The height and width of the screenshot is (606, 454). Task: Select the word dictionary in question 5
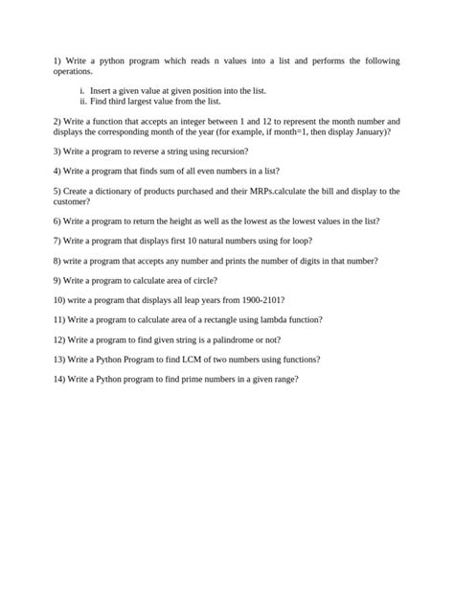coord(117,191)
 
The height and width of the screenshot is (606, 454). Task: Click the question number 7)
coord(57,240)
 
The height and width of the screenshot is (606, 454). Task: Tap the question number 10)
coord(59,299)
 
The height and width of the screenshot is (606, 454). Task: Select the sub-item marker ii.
coord(83,100)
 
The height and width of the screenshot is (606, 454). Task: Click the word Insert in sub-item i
coord(101,90)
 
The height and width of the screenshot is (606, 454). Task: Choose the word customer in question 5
coord(74,200)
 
